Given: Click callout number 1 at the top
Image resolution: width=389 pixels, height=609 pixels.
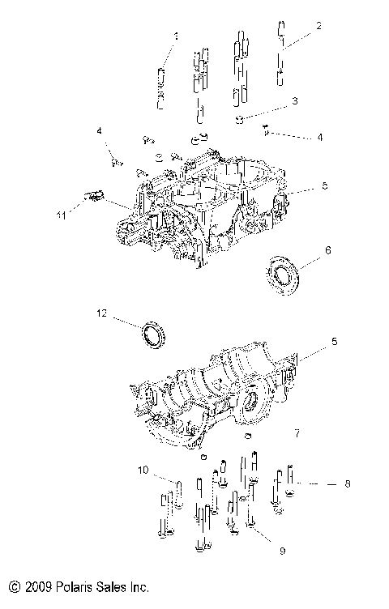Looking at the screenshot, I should click(x=175, y=36).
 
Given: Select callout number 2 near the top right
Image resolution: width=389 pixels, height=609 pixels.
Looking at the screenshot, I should click(x=318, y=26).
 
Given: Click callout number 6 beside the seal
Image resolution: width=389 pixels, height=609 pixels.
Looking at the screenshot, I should click(x=327, y=251).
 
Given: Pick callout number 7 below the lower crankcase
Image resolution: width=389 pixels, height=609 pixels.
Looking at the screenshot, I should click(x=297, y=434).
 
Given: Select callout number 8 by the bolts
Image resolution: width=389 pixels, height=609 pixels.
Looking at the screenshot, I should click(x=346, y=483).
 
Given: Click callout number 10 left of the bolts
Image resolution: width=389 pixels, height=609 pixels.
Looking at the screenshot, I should click(x=143, y=470).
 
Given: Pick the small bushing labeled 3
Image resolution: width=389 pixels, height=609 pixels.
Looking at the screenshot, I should click(x=240, y=120).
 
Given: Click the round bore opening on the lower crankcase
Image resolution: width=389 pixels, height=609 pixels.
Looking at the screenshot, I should click(x=249, y=402).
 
